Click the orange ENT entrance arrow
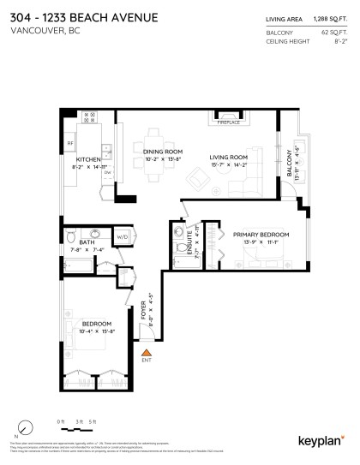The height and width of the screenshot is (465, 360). coord(147,351)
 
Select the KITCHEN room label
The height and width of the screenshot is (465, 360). coord(89,159)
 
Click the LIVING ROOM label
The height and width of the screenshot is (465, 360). coord(229,158)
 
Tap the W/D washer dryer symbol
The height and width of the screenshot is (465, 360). coord(122,236)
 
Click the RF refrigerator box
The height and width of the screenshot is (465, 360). coord(71,143)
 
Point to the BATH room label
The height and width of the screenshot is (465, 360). coord(86,242)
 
